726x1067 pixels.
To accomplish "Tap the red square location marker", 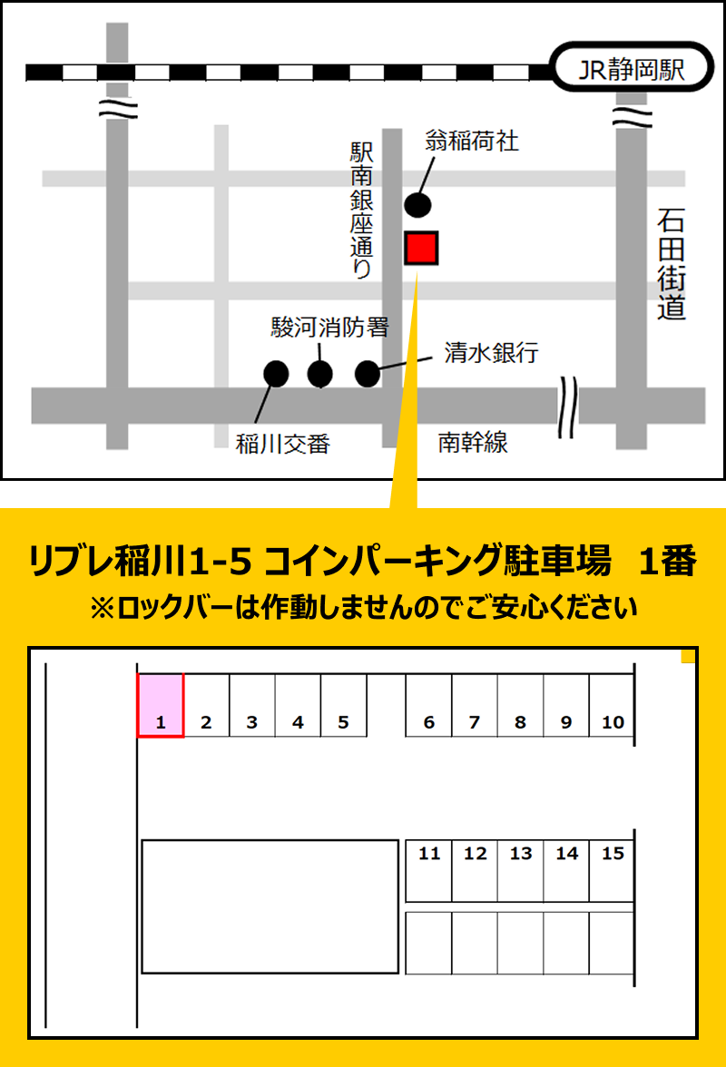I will (421, 248).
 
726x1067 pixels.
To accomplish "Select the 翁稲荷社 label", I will (472, 141).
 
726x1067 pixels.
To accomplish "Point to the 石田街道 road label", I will (672, 264).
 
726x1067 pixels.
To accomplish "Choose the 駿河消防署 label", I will (329, 328).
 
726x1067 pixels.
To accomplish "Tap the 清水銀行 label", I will (491, 353).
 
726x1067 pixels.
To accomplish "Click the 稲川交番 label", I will (282, 445).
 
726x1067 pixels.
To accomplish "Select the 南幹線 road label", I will (473, 443).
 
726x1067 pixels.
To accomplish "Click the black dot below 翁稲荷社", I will (417, 205).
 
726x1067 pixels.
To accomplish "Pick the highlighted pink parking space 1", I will (161, 705).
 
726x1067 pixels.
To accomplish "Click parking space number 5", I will (344, 705).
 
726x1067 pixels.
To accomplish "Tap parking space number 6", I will (428, 705).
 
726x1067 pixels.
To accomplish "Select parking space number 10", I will (613, 705).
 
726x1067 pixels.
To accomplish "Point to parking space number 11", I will (428, 870).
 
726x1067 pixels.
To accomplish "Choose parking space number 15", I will (613, 870).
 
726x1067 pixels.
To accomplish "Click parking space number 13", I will (521, 870).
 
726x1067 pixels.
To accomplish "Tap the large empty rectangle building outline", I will (270, 906).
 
